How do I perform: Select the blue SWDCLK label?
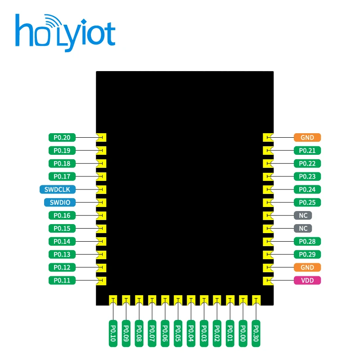tap(60, 189)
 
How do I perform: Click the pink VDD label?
tap(307, 280)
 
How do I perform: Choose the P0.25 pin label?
tap(307, 202)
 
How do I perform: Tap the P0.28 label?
tap(307, 241)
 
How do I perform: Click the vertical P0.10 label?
tap(113, 333)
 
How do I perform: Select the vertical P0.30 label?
tap(256, 333)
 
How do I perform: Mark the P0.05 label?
tap(178, 333)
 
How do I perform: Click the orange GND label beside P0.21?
tap(307, 137)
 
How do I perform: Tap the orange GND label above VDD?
tap(307, 267)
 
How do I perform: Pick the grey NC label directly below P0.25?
tap(302, 215)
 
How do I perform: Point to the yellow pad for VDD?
tap(267, 280)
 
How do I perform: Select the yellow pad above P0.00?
tap(243, 300)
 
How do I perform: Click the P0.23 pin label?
tap(307, 176)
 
